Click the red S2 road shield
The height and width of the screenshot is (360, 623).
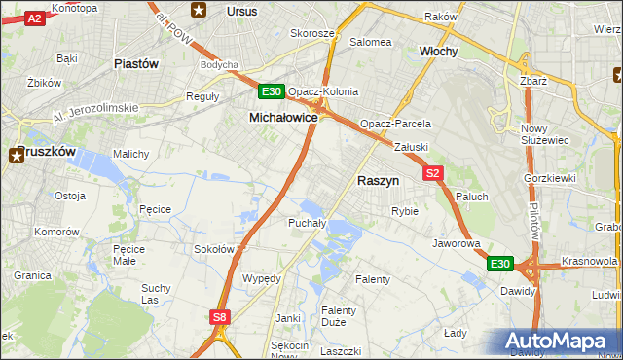[x=433, y=173]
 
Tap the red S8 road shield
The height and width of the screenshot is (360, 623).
[x=220, y=316]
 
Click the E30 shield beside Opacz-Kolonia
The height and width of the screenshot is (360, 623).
[x=272, y=92]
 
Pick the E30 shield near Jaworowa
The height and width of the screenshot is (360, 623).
[x=499, y=264]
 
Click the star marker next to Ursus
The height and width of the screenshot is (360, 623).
[x=200, y=11]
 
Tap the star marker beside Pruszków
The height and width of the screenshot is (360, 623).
[x=18, y=153]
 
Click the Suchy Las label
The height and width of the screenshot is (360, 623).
[x=156, y=294]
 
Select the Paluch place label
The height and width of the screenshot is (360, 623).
[x=472, y=197]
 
